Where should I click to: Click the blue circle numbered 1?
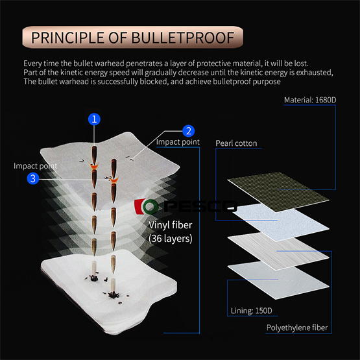[x=94, y=119]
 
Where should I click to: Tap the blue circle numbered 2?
[x=189, y=131]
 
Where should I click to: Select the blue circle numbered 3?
[x=33, y=178]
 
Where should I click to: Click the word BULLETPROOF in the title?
[x=183, y=38]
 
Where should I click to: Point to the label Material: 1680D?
[x=310, y=100]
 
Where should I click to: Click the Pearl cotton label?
[x=236, y=143]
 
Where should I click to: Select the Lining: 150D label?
[x=252, y=311]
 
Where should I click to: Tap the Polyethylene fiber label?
[x=297, y=328]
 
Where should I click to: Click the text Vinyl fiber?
[x=170, y=225]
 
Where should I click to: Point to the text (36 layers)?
[x=171, y=239]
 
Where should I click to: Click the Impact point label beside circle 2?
[x=178, y=142]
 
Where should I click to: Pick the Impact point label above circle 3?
[x=36, y=166]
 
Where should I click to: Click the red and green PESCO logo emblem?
[x=146, y=206]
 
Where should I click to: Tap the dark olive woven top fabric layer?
[x=278, y=192]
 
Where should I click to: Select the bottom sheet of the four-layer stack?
[x=278, y=280]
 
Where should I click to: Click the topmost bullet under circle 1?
[x=94, y=155]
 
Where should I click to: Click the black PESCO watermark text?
[x=200, y=206]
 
